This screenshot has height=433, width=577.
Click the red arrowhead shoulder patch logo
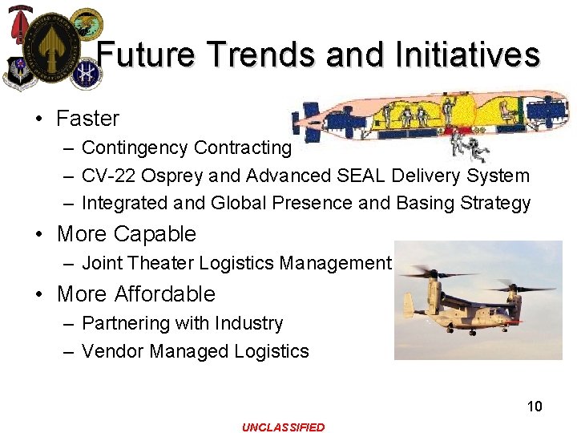click(16, 25)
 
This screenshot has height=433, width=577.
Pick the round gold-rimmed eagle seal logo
click(86, 23)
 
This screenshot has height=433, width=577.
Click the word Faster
click(87, 119)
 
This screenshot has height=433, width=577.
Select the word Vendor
click(108, 351)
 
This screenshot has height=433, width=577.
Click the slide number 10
click(535, 407)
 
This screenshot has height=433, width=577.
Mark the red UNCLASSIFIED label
click(284, 427)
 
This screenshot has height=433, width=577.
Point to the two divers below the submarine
click(468, 145)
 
